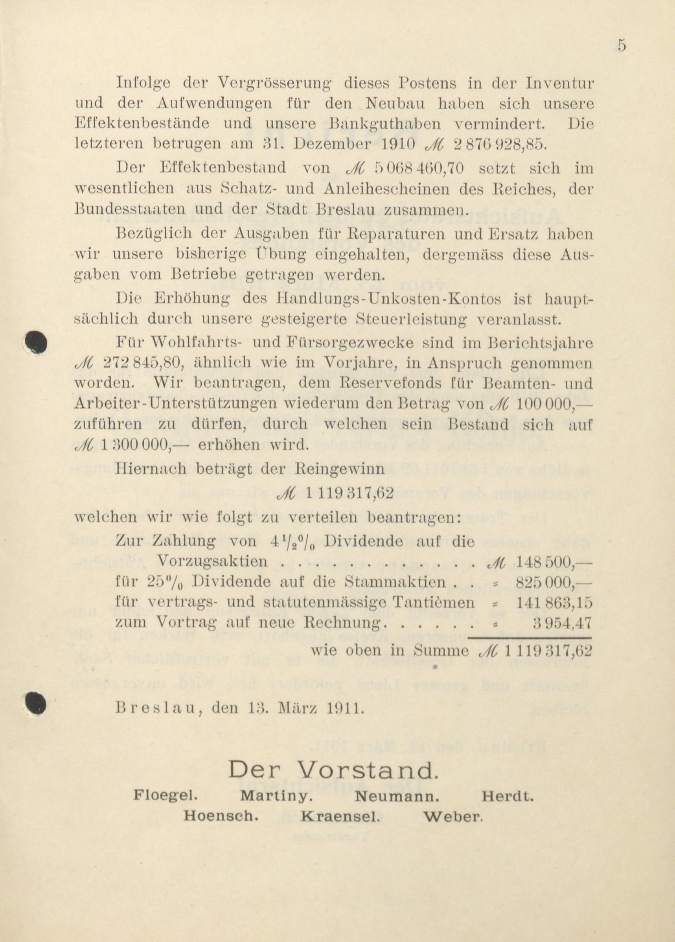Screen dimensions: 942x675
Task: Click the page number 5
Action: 622,45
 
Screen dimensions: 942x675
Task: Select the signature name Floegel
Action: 166,795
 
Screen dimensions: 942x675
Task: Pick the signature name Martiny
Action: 276,796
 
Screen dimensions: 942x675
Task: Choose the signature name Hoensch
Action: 221,816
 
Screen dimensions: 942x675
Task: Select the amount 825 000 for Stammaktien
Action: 553,582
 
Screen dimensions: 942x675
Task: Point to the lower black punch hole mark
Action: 35,703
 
